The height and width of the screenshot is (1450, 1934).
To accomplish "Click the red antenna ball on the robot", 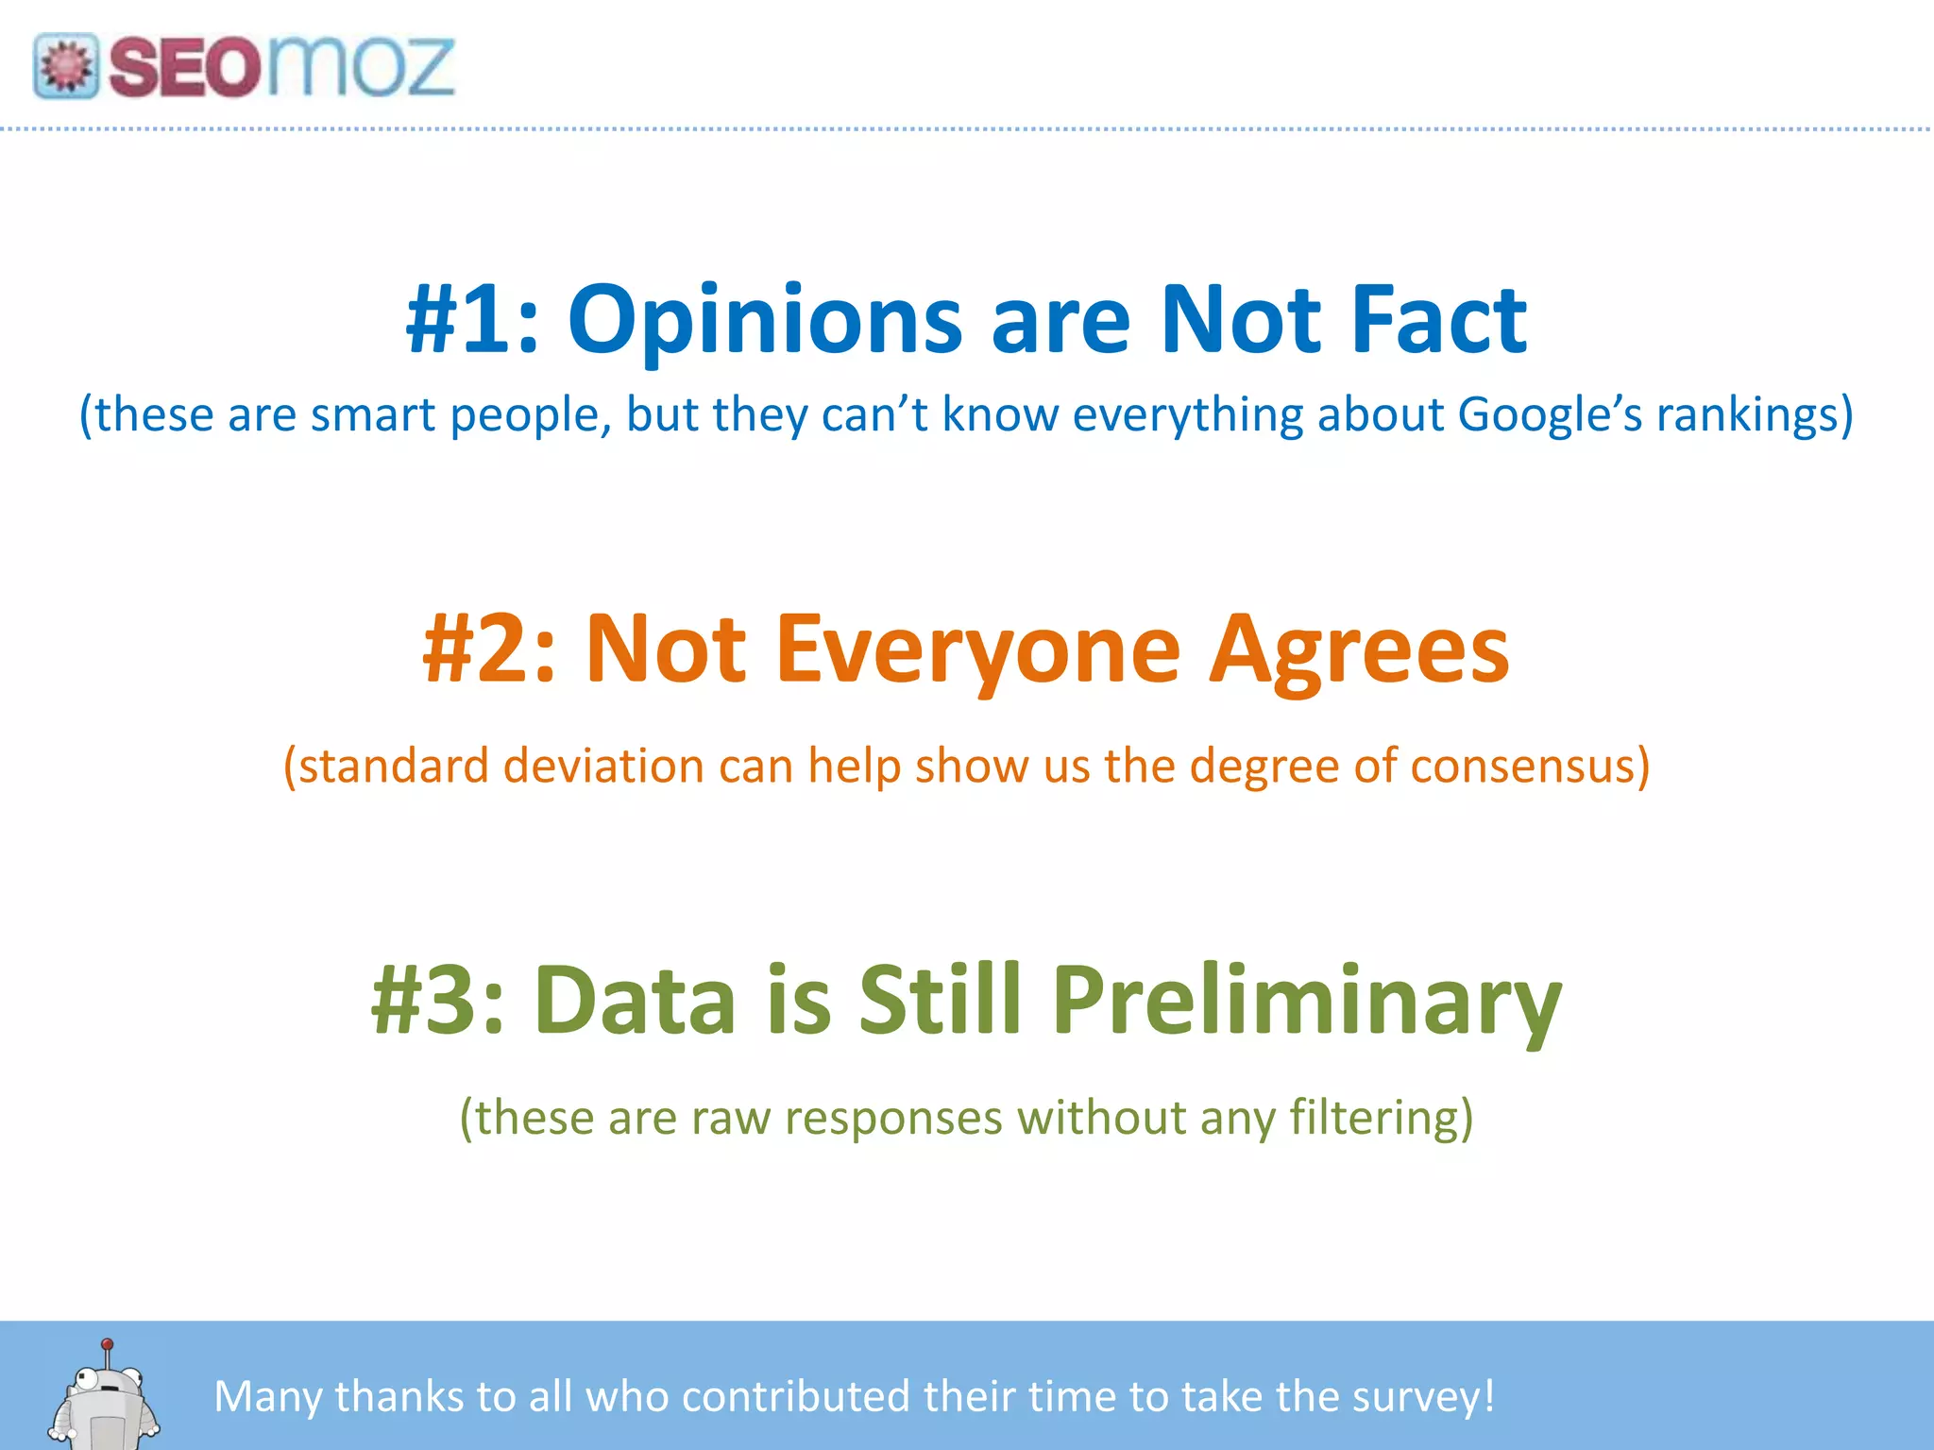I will [108, 1343].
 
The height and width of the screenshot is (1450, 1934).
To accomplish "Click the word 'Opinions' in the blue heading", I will [765, 321].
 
